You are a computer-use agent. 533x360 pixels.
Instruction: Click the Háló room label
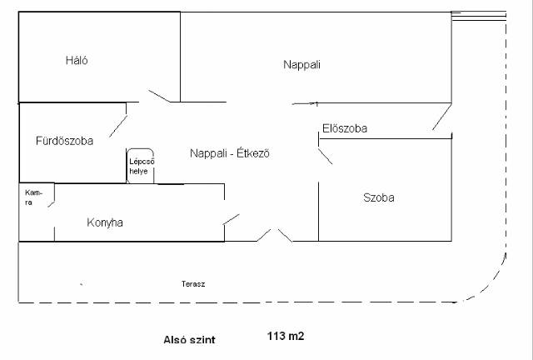coord(77,61)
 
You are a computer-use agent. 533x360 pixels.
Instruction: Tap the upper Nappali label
coord(301,64)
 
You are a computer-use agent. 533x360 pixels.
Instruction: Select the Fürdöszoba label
coord(64,141)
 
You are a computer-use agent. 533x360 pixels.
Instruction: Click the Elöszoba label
coord(345,128)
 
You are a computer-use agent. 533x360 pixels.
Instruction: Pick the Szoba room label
coord(378,198)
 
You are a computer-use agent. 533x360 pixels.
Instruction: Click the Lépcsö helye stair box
coord(140,166)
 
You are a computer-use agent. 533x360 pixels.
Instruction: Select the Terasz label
coord(193,284)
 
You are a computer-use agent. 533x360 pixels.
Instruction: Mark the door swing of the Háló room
coord(161,97)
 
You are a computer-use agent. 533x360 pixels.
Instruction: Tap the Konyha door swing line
coord(232,219)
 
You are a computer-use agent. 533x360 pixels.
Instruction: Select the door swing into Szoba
coord(326,156)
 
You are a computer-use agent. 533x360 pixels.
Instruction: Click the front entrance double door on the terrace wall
coord(274,235)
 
